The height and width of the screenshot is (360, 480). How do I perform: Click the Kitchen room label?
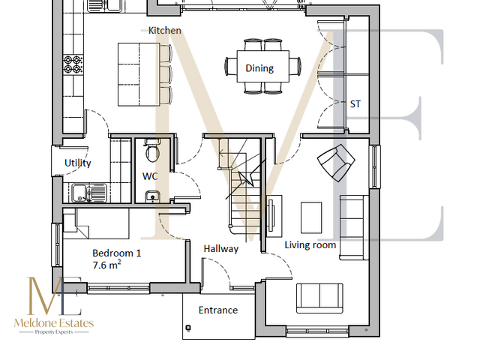(164, 31)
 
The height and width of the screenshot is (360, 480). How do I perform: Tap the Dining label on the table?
(259, 68)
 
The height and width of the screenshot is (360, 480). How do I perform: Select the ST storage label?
(355, 104)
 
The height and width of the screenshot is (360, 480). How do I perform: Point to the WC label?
(150, 177)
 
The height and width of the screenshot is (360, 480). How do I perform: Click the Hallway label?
(221, 248)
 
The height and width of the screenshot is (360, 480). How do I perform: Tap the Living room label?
(310, 244)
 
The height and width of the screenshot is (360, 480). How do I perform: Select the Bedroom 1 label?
(116, 253)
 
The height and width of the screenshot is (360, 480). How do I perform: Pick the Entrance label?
(217, 310)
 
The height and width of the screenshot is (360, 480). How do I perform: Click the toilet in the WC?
(152, 153)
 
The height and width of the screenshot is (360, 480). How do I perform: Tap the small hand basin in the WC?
(152, 196)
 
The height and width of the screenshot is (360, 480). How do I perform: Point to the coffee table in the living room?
(311, 217)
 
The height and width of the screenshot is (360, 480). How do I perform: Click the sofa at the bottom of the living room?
(320, 298)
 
